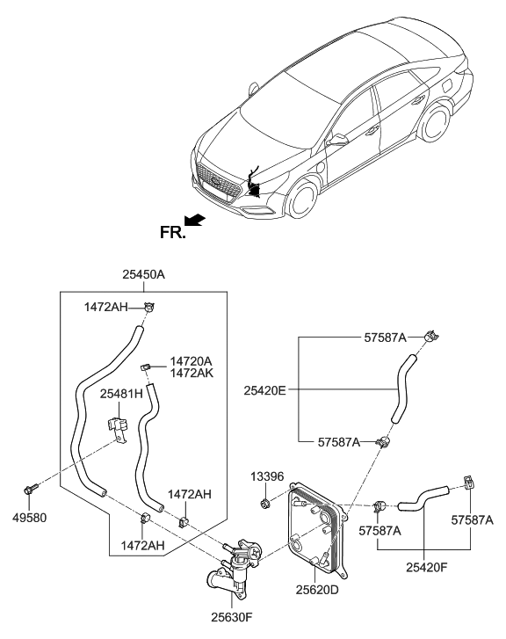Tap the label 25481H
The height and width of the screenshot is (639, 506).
pos(122,395)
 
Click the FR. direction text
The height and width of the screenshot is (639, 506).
pos(171,234)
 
